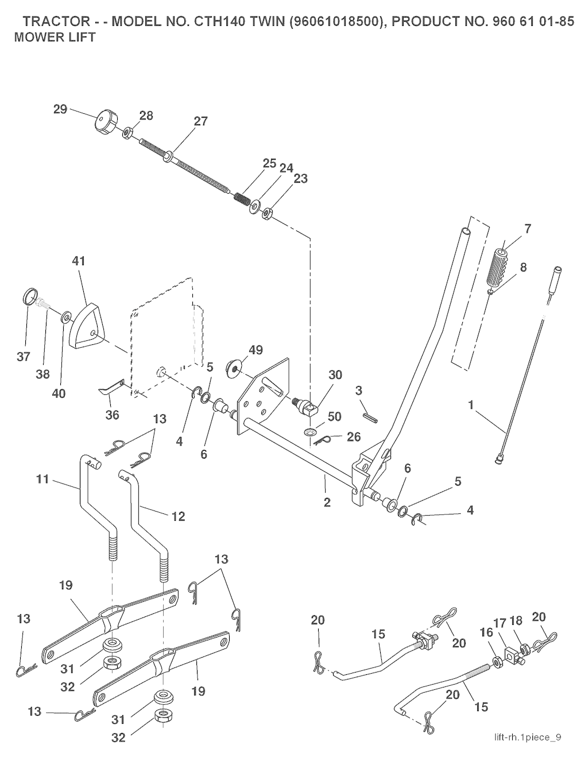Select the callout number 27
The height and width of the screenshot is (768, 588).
tap(201, 121)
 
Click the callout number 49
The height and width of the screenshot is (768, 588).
tap(256, 350)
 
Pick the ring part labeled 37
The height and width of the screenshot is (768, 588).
tap(28, 299)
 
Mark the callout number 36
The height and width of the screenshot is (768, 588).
tap(113, 414)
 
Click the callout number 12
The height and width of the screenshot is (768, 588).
tap(178, 516)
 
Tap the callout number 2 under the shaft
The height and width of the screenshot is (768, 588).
tap(327, 502)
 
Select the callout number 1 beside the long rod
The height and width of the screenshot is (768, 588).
tap(471, 405)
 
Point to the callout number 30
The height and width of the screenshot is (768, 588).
tap(335, 375)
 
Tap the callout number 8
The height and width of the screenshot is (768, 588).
tap(523, 267)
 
